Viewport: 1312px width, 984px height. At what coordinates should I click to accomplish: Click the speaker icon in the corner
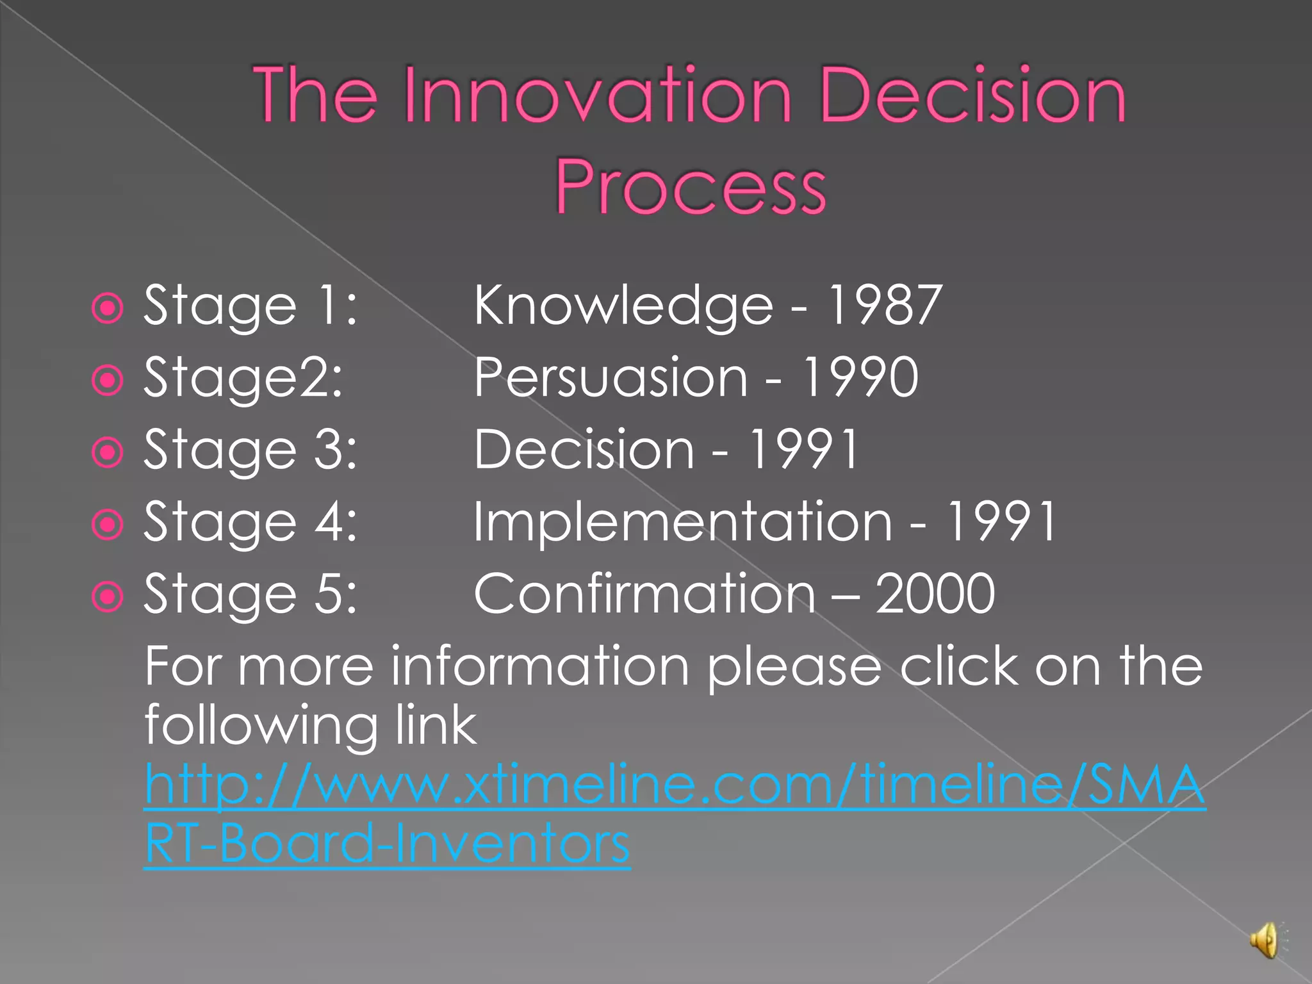pyautogui.click(x=1265, y=940)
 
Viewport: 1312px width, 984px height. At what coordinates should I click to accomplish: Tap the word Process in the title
pyautogui.click(x=691, y=186)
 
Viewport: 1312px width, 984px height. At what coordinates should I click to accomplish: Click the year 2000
pyautogui.click(x=935, y=594)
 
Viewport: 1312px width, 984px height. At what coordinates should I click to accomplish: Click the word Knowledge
pyautogui.click(x=623, y=306)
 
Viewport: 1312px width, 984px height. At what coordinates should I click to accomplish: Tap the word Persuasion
pyautogui.click(x=611, y=378)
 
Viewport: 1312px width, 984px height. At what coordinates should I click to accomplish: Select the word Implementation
pyautogui.click(x=682, y=521)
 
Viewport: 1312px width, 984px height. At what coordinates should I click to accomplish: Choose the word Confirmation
pyautogui.click(x=644, y=594)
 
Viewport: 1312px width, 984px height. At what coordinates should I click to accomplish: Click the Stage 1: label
pyautogui.click(x=250, y=306)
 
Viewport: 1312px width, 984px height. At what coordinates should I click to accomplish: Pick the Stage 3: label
pyautogui.click(x=250, y=450)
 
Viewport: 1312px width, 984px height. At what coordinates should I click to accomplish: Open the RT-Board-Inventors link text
pyautogui.click(x=387, y=844)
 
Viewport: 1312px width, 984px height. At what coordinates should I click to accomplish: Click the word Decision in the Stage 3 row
pyautogui.click(x=584, y=450)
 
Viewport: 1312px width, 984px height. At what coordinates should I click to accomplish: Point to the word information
pyautogui.click(x=540, y=666)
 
